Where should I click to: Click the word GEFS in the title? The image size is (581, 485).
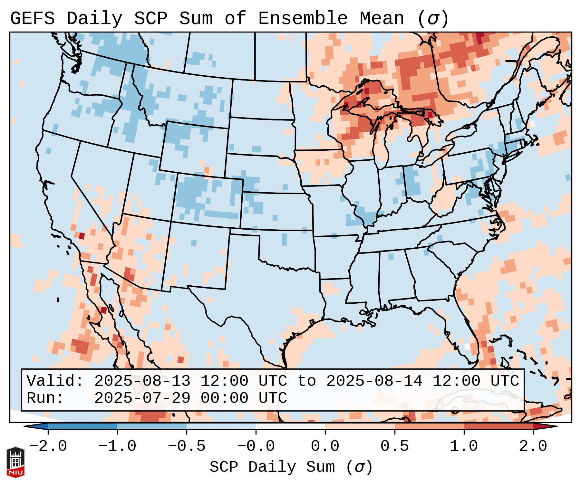[32, 19]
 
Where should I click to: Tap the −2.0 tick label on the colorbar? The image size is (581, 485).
[48, 446]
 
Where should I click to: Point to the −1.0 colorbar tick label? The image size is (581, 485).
[117, 446]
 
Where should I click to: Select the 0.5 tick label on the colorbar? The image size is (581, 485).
[394, 446]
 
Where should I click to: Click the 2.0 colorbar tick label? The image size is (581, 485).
[533, 446]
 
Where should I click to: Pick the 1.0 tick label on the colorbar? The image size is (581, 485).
[464, 446]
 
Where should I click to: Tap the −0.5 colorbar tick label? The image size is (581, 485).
[187, 446]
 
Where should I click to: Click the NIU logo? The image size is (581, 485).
[15, 462]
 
